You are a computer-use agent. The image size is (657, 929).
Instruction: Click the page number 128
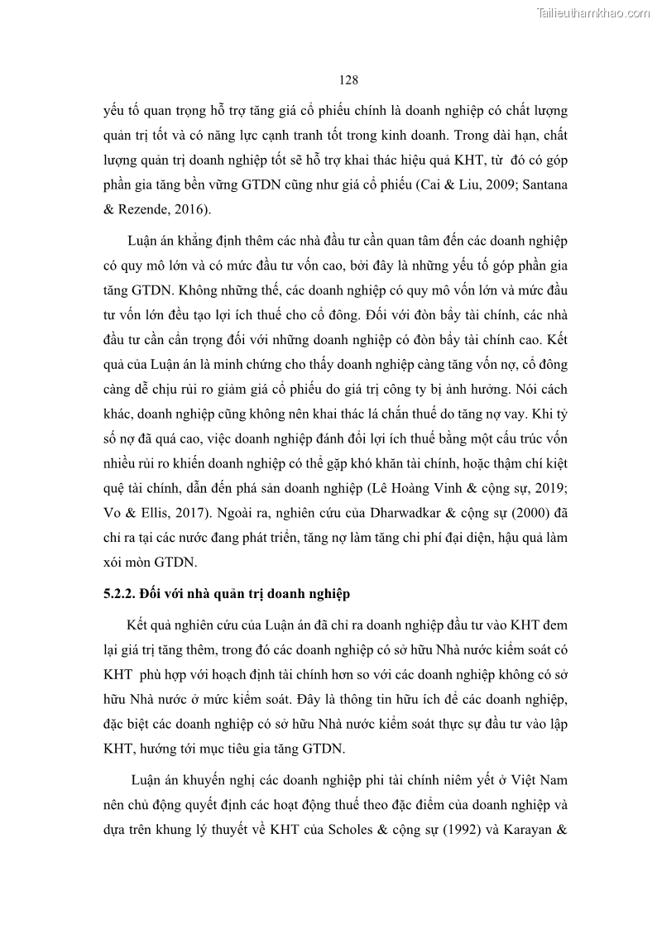click(x=348, y=80)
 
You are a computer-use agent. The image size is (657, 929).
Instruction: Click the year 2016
click(x=188, y=209)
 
